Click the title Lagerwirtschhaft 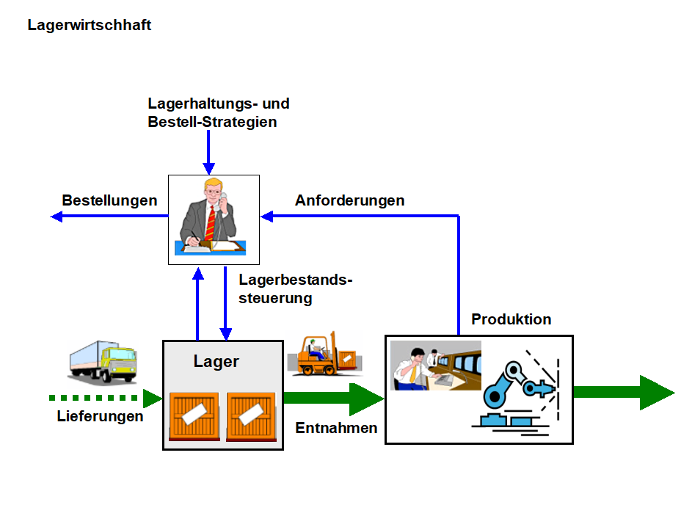[x=90, y=25]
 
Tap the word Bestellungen [x=109, y=200]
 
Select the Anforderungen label [x=350, y=200]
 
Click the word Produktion [x=511, y=319]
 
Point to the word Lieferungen [x=101, y=416]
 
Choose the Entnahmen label [x=337, y=428]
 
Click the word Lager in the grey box [x=216, y=361]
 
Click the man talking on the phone [x=214, y=218]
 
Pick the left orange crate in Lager [x=194, y=415]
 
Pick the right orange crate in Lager [x=250, y=415]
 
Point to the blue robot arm [x=514, y=385]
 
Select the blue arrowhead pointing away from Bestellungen [x=56, y=216]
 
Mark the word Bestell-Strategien [x=213, y=122]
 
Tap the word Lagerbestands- [x=296, y=280]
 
